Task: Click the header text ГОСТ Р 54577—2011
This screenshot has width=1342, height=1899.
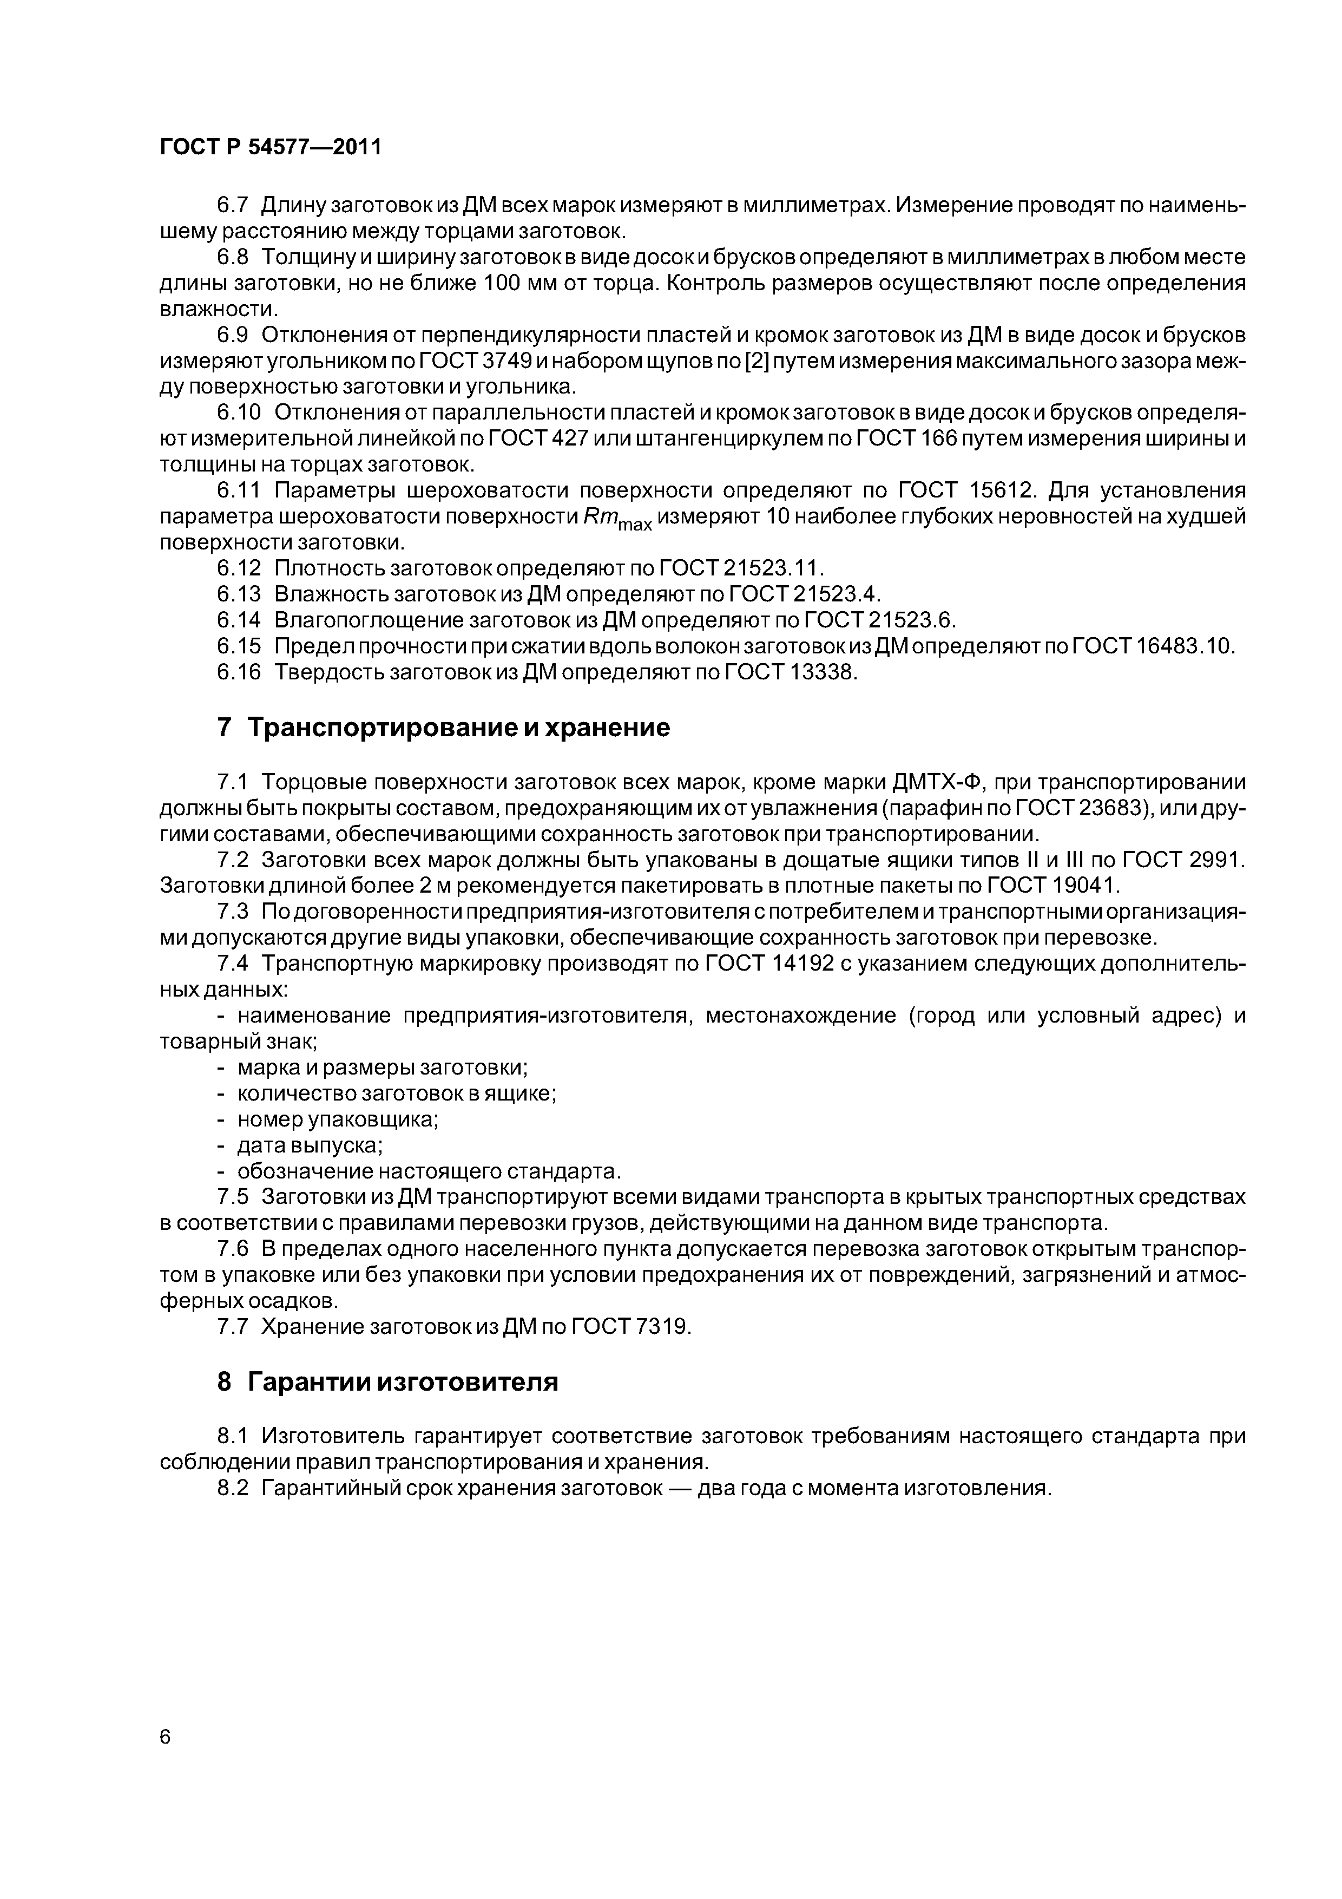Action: pos(271,147)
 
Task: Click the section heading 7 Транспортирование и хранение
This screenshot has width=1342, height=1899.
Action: pos(443,728)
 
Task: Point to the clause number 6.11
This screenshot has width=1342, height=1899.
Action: pos(238,492)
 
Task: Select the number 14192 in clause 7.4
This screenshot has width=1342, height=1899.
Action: pos(802,965)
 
